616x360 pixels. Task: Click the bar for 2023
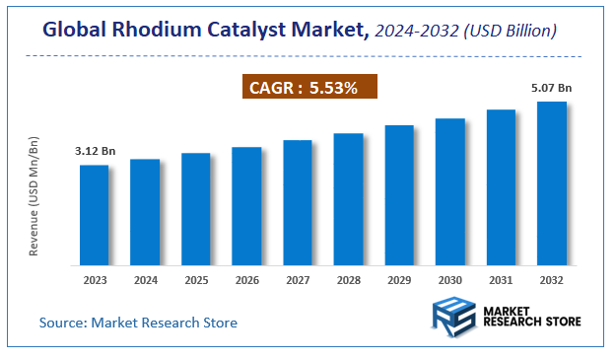click(95, 215)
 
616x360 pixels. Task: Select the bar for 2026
click(246, 206)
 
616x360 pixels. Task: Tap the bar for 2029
click(399, 195)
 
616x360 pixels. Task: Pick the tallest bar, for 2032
click(551, 183)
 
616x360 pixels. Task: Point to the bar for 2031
click(501, 187)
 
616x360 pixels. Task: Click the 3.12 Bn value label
click(95, 151)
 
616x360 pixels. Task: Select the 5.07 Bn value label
click(551, 88)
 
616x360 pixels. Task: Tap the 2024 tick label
click(145, 280)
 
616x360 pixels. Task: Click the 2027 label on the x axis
click(298, 280)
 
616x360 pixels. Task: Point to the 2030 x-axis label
click(449, 280)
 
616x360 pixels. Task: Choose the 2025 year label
click(196, 280)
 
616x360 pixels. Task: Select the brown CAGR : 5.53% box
click(310, 88)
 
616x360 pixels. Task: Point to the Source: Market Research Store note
click(138, 323)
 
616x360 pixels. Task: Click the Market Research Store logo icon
click(454, 320)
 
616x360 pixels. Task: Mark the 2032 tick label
click(551, 280)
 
